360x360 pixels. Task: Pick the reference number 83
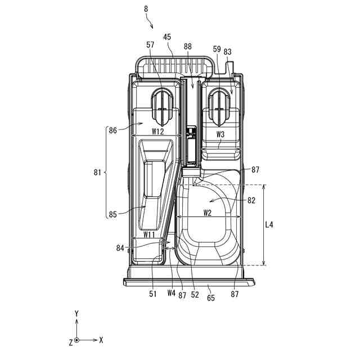tap(228, 52)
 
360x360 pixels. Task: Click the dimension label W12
tap(157, 132)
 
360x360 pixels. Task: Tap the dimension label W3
tap(220, 134)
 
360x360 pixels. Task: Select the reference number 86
tap(112, 130)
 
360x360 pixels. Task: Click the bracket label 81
tap(98, 173)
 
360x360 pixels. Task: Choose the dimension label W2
tap(207, 213)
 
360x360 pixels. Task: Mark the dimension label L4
tap(269, 224)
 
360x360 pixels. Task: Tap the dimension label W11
tap(149, 234)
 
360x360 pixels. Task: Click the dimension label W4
tap(171, 292)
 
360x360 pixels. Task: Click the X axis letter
tap(101, 340)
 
